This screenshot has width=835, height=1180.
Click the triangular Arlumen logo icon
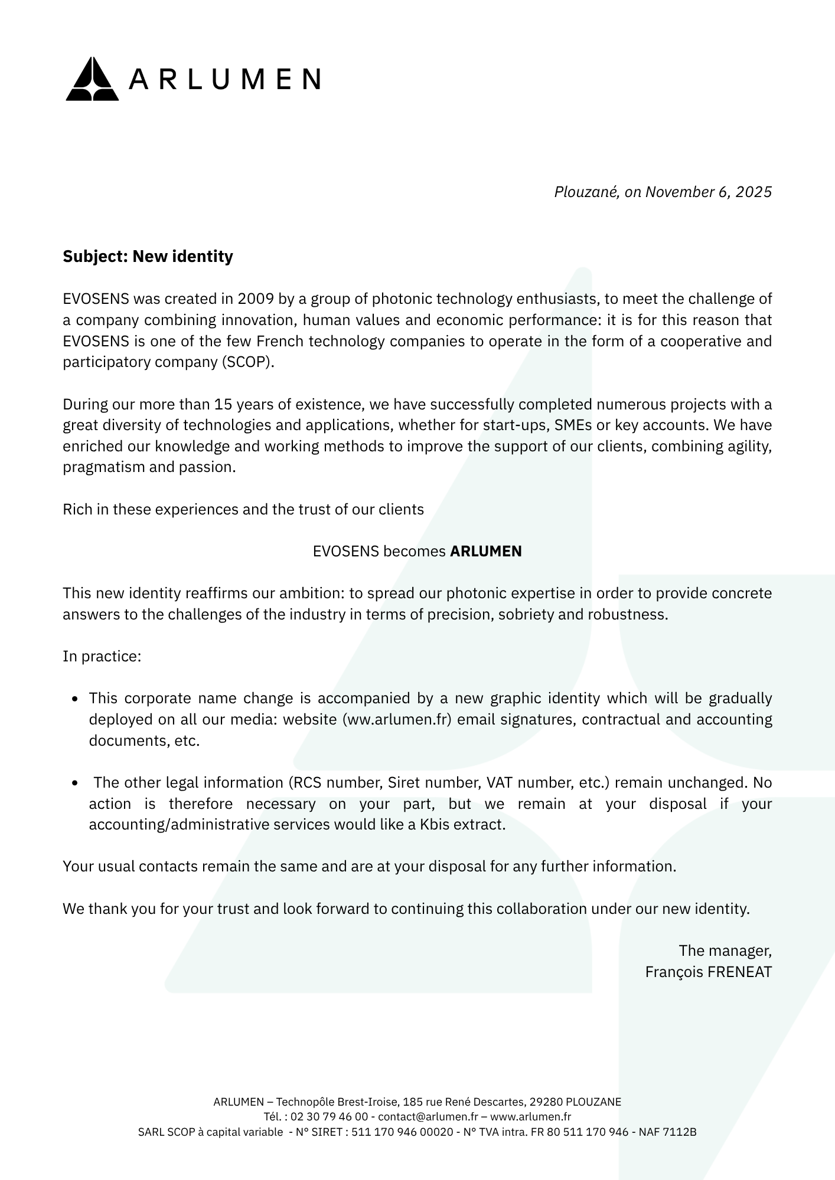(x=92, y=79)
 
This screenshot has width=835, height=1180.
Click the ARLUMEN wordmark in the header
(x=225, y=79)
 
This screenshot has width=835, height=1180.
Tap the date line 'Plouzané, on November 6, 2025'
(x=663, y=192)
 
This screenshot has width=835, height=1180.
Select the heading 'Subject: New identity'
(x=148, y=257)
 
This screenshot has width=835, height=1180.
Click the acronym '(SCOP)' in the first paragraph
(x=248, y=362)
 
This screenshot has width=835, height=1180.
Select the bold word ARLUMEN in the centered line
(x=485, y=552)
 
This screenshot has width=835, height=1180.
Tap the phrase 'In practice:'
(x=102, y=657)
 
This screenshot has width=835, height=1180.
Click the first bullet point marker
(x=75, y=699)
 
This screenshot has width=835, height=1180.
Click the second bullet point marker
(x=75, y=784)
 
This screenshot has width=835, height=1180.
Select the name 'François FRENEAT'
(x=708, y=972)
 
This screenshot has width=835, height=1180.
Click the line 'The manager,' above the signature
(x=725, y=951)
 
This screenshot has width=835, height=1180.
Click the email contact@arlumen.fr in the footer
(x=428, y=1117)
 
